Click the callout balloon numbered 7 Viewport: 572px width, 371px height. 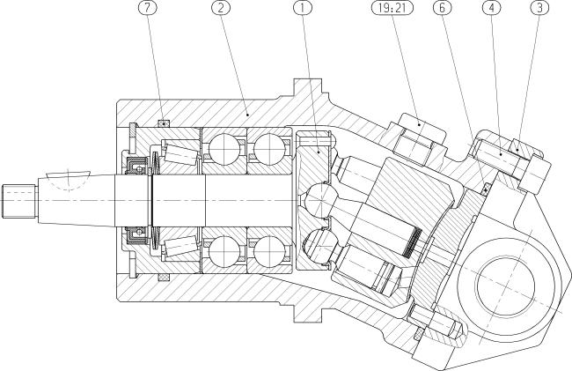click(147, 8)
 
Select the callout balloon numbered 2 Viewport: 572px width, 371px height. click(221, 8)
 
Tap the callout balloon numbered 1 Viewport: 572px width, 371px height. click(303, 8)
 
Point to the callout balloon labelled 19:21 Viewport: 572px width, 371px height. click(392, 8)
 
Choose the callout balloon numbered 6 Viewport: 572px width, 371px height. click(442, 8)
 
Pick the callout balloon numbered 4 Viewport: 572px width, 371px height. click(491, 8)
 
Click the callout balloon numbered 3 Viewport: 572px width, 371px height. click(539, 8)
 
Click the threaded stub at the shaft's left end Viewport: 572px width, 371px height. click(19, 201)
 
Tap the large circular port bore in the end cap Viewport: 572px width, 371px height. click(504, 285)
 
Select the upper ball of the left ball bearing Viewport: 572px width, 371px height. click(224, 149)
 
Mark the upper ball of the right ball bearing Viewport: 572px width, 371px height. click(269, 149)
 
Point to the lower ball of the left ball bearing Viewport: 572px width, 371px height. click(224, 252)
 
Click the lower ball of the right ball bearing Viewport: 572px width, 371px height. click(269, 252)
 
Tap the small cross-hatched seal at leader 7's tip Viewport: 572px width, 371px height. click(164, 123)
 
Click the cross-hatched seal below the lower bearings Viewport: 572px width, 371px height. click(164, 278)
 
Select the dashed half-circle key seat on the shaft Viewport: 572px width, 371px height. click(69, 180)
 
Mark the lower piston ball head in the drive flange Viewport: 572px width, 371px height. click(320, 245)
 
